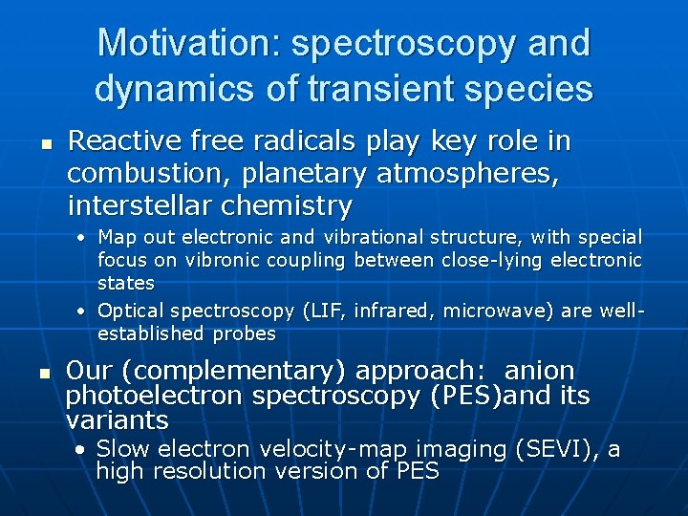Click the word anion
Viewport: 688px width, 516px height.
[539, 371]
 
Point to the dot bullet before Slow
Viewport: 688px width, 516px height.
[84, 449]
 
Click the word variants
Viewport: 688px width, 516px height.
[118, 420]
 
